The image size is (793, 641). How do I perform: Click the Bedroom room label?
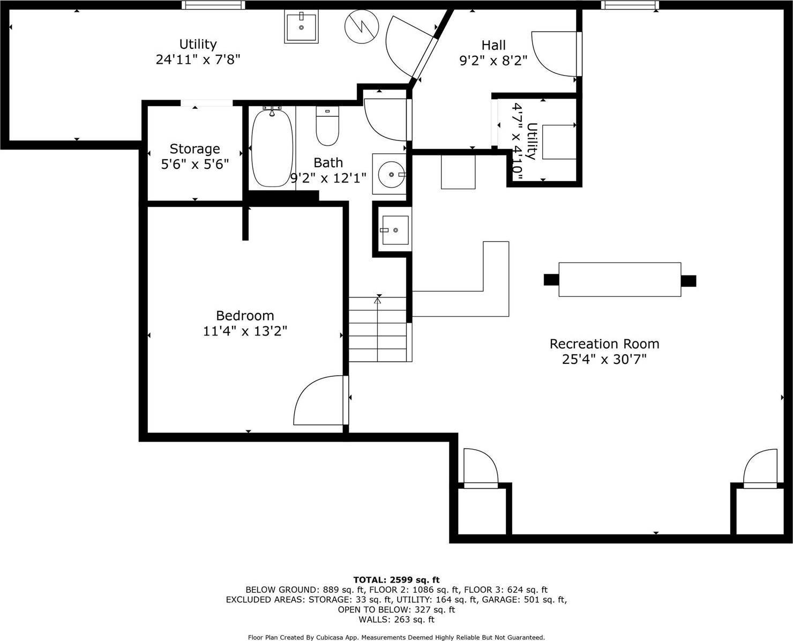coord(245,316)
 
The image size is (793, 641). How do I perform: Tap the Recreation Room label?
coord(604,344)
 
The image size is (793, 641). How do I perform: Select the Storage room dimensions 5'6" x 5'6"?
coord(195,164)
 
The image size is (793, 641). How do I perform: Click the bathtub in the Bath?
coord(272,148)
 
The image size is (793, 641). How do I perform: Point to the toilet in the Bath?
coord(327,127)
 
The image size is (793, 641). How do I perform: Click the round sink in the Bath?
coord(390,174)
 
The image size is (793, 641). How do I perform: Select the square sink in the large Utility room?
coord(301,27)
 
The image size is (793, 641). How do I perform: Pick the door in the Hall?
coord(555,53)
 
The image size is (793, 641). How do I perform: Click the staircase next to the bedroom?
coord(378,330)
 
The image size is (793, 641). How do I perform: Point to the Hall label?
coord(493,45)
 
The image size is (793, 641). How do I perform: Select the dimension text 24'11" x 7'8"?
coord(198,59)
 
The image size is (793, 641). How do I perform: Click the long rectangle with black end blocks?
coord(619,280)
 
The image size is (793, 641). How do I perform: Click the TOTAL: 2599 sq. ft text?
coord(396,580)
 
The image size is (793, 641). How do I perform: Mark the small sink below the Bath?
coord(394,230)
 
